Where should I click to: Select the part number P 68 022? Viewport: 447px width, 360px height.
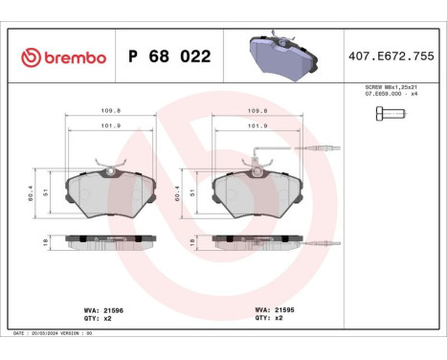tap(168, 56)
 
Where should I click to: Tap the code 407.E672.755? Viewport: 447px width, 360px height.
tap(392, 56)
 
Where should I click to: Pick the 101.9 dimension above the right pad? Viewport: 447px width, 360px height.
tap(257, 124)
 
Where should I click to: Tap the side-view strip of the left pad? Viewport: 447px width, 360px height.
tap(111, 243)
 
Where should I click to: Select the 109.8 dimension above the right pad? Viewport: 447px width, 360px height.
tap(257, 110)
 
